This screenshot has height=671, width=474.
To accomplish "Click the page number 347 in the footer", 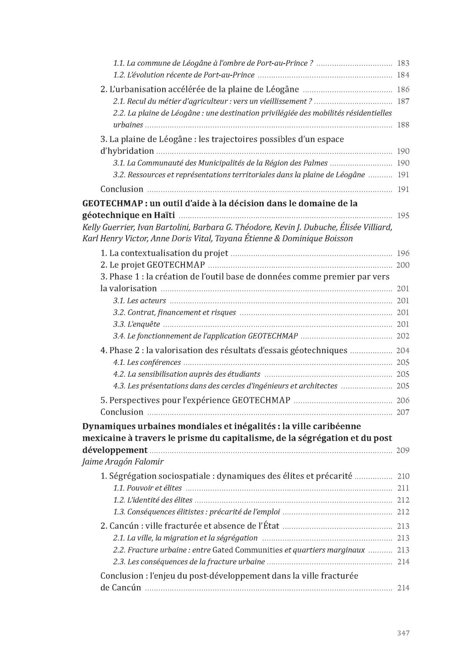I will point(403,633).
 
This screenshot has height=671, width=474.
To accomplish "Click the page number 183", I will point(403,63).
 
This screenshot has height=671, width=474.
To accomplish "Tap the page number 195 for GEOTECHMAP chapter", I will point(403,216).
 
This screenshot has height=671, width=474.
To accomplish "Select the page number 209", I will point(403,450).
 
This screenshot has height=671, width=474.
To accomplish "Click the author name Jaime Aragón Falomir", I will point(123,462).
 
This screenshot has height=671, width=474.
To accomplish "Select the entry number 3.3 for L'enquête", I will point(119,324).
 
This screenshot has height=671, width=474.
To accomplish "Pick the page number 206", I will point(403,401).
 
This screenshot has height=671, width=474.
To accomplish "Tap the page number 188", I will point(403,125).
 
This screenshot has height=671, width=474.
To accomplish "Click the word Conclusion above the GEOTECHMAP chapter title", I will point(122,189).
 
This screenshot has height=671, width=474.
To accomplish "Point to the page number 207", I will point(403,412).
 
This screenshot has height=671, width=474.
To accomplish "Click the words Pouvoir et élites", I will point(154,488).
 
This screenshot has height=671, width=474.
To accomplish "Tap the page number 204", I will point(403,351).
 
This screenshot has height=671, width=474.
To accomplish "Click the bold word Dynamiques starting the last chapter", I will point(108,426).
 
